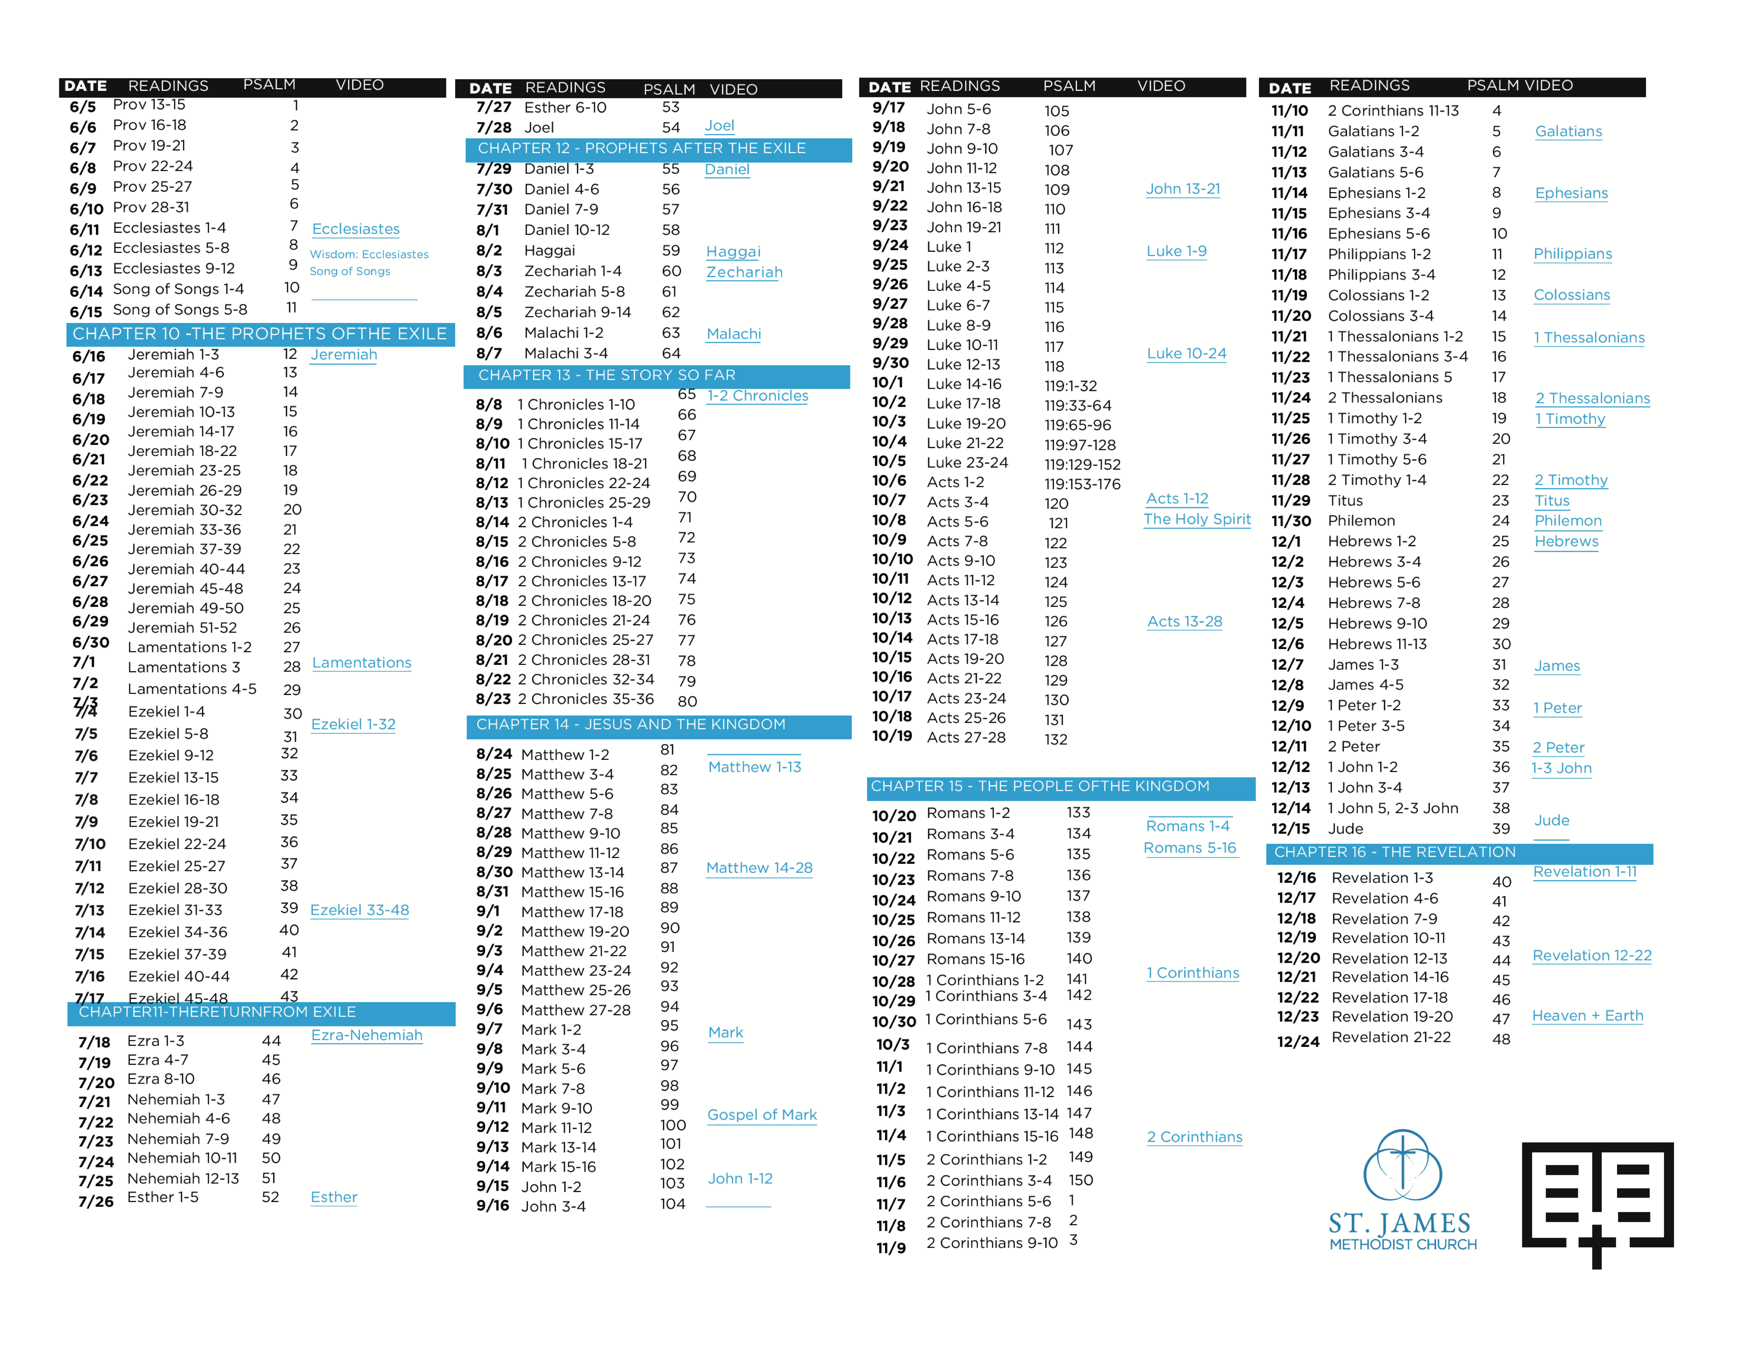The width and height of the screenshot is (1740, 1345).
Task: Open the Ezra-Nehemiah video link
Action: pyautogui.click(x=367, y=1035)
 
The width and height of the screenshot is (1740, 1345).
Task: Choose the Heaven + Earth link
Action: pyautogui.click(x=1587, y=1016)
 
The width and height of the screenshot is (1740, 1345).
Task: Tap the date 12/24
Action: pyautogui.click(x=1298, y=1042)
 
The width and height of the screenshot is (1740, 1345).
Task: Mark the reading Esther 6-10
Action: pyautogui.click(x=565, y=108)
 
